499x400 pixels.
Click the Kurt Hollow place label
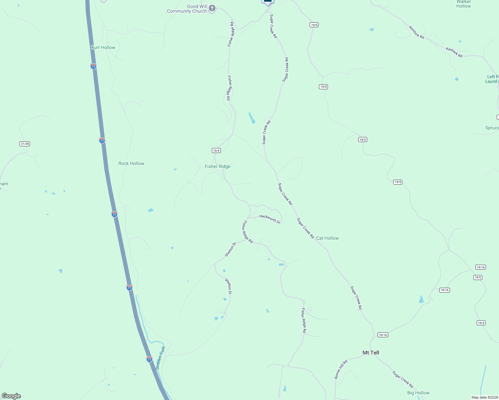(x=103, y=47)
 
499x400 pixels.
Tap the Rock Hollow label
(x=131, y=163)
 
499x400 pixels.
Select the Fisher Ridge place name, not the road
(x=217, y=166)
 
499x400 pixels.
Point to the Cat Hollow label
(x=327, y=238)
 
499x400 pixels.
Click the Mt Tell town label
(x=371, y=353)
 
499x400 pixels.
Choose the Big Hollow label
(x=418, y=393)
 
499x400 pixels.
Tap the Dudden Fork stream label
(x=160, y=358)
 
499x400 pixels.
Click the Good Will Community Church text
(x=187, y=9)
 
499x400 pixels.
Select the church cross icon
(x=212, y=8)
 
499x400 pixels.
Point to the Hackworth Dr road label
(x=270, y=219)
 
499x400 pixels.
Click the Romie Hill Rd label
(x=341, y=369)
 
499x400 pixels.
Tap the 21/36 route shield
(x=25, y=144)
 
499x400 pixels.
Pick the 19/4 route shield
(x=216, y=151)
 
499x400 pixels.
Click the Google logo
(x=11, y=396)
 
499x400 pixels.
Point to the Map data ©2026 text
(x=484, y=397)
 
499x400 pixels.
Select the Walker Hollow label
(x=464, y=4)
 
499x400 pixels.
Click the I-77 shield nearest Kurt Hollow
(x=93, y=66)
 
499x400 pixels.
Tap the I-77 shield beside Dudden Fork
(x=149, y=359)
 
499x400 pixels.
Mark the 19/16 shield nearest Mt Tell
(x=383, y=335)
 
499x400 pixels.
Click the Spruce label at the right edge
(x=492, y=128)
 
